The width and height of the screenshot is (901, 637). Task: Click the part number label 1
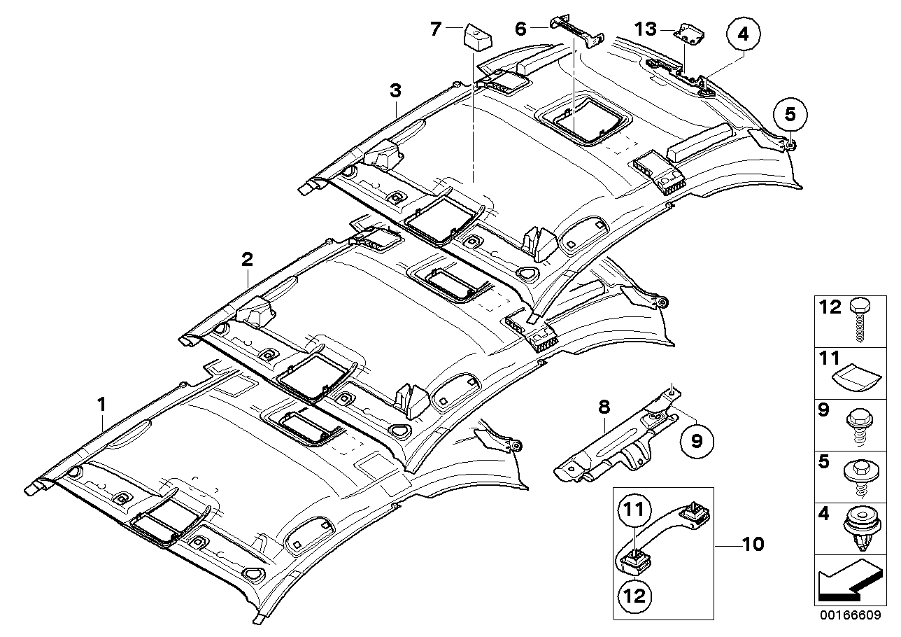(x=101, y=404)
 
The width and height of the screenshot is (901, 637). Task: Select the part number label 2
(x=246, y=260)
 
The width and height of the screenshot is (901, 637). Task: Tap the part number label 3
(x=395, y=90)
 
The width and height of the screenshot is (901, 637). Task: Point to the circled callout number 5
(x=790, y=113)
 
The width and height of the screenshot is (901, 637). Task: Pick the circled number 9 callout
(x=697, y=440)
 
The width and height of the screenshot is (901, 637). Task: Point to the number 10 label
(x=753, y=544)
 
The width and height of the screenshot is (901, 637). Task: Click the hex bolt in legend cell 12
(x=858, y=319)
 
